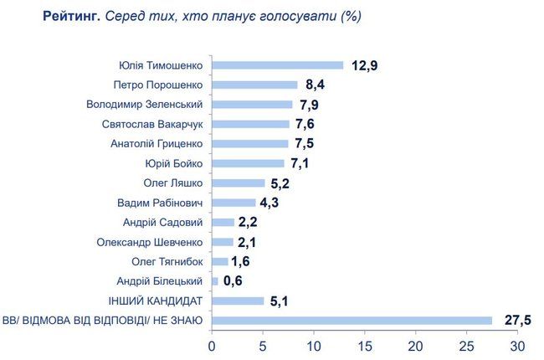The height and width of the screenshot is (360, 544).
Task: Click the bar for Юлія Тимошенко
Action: click(277, 65)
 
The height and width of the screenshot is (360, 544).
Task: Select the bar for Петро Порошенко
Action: click(254, 85)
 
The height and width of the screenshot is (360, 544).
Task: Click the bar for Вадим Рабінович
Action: click(234, 203)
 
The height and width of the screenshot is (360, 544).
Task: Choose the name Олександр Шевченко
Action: click(154, 242)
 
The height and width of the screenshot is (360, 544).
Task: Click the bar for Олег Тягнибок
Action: click(219, 261)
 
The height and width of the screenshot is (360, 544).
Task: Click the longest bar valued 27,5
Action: click(352, 320)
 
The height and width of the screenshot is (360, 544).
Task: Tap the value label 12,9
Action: click(365, 65)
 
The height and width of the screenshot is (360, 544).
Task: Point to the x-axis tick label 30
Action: click(517, 346)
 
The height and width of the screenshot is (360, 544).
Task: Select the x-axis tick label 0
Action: click(212, 346)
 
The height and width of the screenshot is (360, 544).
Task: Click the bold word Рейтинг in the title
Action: click(71, 17)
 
